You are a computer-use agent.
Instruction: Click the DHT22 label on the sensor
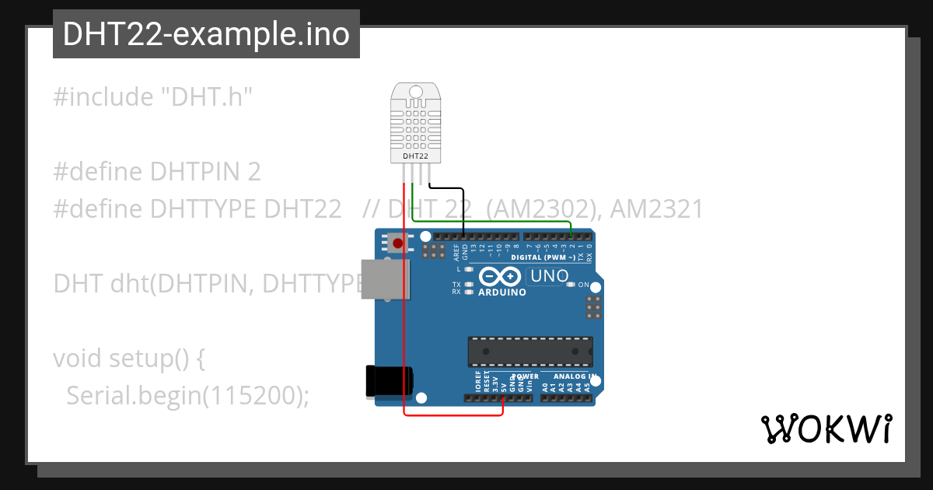(414, 156)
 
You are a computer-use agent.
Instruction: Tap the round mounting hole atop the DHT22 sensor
(415, 93)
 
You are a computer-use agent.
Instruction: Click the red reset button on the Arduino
(398, 243)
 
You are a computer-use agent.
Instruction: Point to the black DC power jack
(390, 381)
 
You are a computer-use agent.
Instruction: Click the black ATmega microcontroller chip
(530, 352)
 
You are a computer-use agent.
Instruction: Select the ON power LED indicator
(571, 285)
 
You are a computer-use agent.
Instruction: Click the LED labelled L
(469, 269)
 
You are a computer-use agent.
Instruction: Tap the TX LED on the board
(469, 285)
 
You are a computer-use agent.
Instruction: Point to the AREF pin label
(456, 250)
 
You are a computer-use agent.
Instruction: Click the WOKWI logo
(826, 429)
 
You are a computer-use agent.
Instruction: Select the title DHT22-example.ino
(206, 34)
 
